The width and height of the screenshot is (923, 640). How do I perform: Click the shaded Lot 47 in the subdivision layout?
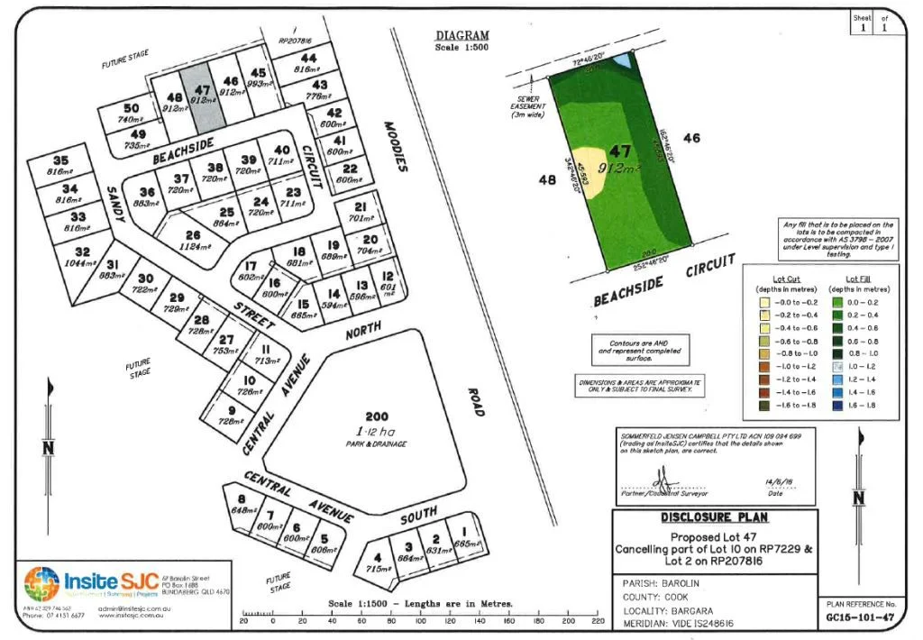(x=202, y=97)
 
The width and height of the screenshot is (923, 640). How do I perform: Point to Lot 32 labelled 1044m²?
(x=83, y=258)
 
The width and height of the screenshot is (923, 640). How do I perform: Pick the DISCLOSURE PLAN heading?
(x=715, y=517)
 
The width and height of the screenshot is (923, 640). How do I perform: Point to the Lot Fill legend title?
(x=857, y=279)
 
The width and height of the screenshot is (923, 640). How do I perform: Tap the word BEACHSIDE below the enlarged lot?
(x=627, y=292)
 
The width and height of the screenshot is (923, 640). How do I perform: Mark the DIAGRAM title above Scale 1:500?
(x=461, y=36)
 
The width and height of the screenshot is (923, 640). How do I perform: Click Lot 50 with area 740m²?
(x=131, y=114)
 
